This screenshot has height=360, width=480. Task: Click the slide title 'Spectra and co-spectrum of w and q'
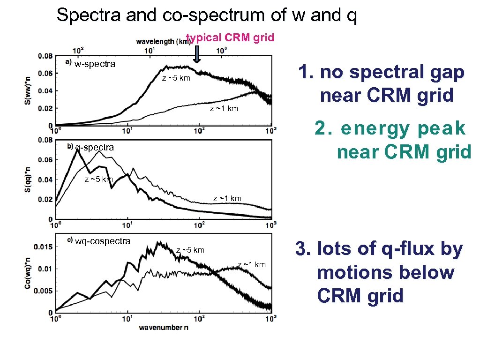pos(207,15)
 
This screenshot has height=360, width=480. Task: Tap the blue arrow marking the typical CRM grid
pos(197,54)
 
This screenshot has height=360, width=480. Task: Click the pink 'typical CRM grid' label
pos(230,37)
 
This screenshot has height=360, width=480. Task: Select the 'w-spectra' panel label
pos(95,64)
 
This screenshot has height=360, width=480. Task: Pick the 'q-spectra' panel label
pos(95,147)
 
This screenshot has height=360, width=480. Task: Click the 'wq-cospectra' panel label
pos(103,241)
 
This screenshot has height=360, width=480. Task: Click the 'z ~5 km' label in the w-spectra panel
pos(176,78)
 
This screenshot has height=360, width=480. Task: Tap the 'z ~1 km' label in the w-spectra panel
pos(224,109)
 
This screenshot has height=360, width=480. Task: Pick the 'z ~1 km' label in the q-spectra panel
pos(227,198)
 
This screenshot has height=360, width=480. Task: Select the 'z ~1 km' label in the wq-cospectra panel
pos(252,265)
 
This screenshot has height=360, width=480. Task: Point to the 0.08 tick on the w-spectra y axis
pos(45,56)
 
